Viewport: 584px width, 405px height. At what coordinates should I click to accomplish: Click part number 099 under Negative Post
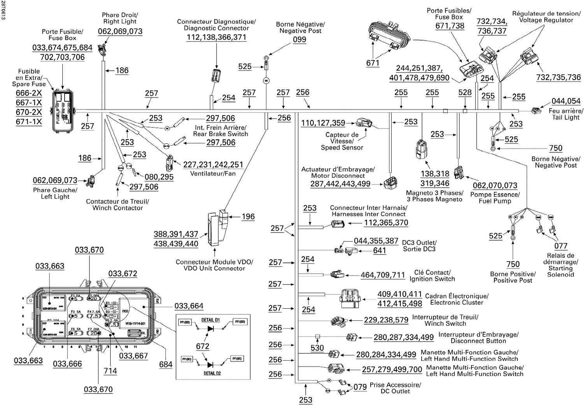click(x=299, y=40)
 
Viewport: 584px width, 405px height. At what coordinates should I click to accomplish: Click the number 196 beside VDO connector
click(x=248, y=217)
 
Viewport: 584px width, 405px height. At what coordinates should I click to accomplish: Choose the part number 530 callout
click(x=317, y=348)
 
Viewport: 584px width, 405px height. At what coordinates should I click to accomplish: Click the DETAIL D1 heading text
click(x=211, y=320)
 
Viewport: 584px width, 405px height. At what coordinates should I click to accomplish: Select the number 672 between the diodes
click(x=202, y=346)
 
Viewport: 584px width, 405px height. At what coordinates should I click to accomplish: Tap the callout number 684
click(x=166, y=365)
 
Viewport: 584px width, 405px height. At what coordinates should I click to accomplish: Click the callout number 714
click(x=110, y=371)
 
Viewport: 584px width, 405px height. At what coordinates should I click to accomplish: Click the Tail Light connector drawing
click(x=537, y=111)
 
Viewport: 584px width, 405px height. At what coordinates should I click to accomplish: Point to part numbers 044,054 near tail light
click(x=566, y=101)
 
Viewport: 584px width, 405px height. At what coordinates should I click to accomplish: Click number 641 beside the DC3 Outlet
click(x=380, y=251)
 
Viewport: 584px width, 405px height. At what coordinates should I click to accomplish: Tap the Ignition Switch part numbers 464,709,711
click(x=383, y=275)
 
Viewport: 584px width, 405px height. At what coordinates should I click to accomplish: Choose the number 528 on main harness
click(x=465, y=93)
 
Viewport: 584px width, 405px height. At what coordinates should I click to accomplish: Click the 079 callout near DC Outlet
click(x=360, y=387)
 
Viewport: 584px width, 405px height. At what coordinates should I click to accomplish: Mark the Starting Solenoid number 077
click(x=561, y=246)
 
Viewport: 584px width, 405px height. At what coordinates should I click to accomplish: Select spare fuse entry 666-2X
click(x=28, y=93)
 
